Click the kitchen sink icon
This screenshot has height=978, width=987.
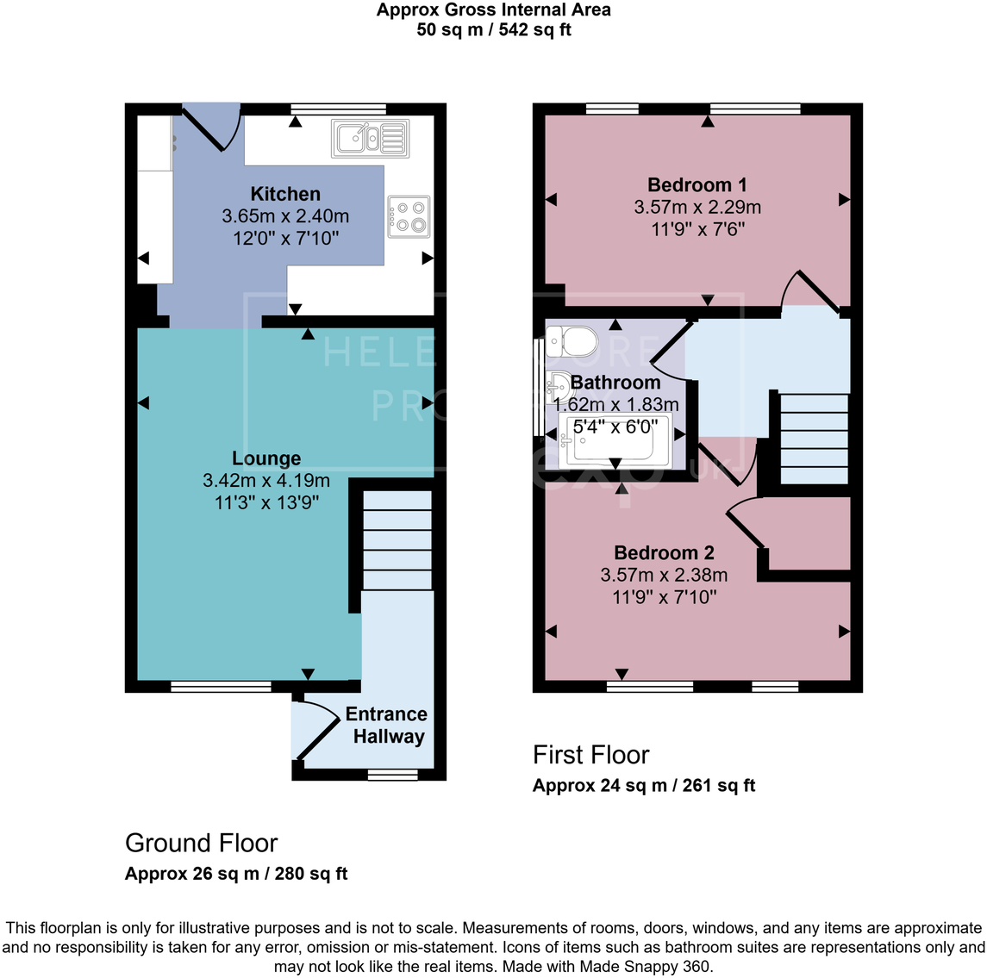coord(370,138)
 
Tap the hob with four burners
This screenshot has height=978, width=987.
coord(409,216)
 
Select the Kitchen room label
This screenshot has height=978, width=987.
coord(285,194)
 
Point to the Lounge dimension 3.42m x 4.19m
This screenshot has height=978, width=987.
coord(266,481)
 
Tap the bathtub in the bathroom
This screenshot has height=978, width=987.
coord(615,440)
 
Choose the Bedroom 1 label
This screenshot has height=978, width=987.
coord(697,184)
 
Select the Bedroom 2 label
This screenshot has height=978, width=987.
coord(664,553)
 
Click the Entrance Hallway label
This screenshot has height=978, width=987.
coord(387,726)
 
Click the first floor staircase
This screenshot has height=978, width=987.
coord(814,439)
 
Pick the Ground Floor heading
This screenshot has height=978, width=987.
coord(202,843)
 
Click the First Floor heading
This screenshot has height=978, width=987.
coord(591,755)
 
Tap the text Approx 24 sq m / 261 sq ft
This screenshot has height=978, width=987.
coord(644,785)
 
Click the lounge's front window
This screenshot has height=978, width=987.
coord(221,687)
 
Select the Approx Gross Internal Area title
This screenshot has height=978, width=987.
coord(493,10)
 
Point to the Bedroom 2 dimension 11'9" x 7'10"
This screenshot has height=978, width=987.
coord(664,597)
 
